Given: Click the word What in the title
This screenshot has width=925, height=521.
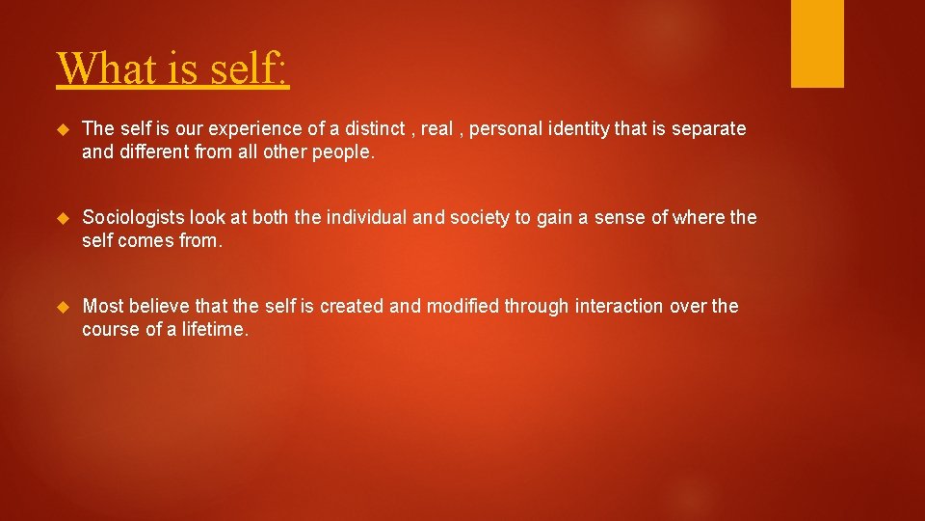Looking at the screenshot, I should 102,69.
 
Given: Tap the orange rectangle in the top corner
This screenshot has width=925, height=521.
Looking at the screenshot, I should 817,43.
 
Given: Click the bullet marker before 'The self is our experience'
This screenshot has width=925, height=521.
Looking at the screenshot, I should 64,129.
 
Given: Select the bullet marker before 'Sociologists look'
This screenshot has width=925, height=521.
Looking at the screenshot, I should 64,218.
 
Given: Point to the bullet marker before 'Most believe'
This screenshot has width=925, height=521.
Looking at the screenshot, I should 64,307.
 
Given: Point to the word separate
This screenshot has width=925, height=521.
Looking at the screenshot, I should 710,129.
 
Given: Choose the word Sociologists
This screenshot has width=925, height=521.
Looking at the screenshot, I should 135,218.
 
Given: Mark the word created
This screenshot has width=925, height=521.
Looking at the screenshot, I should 352,306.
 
